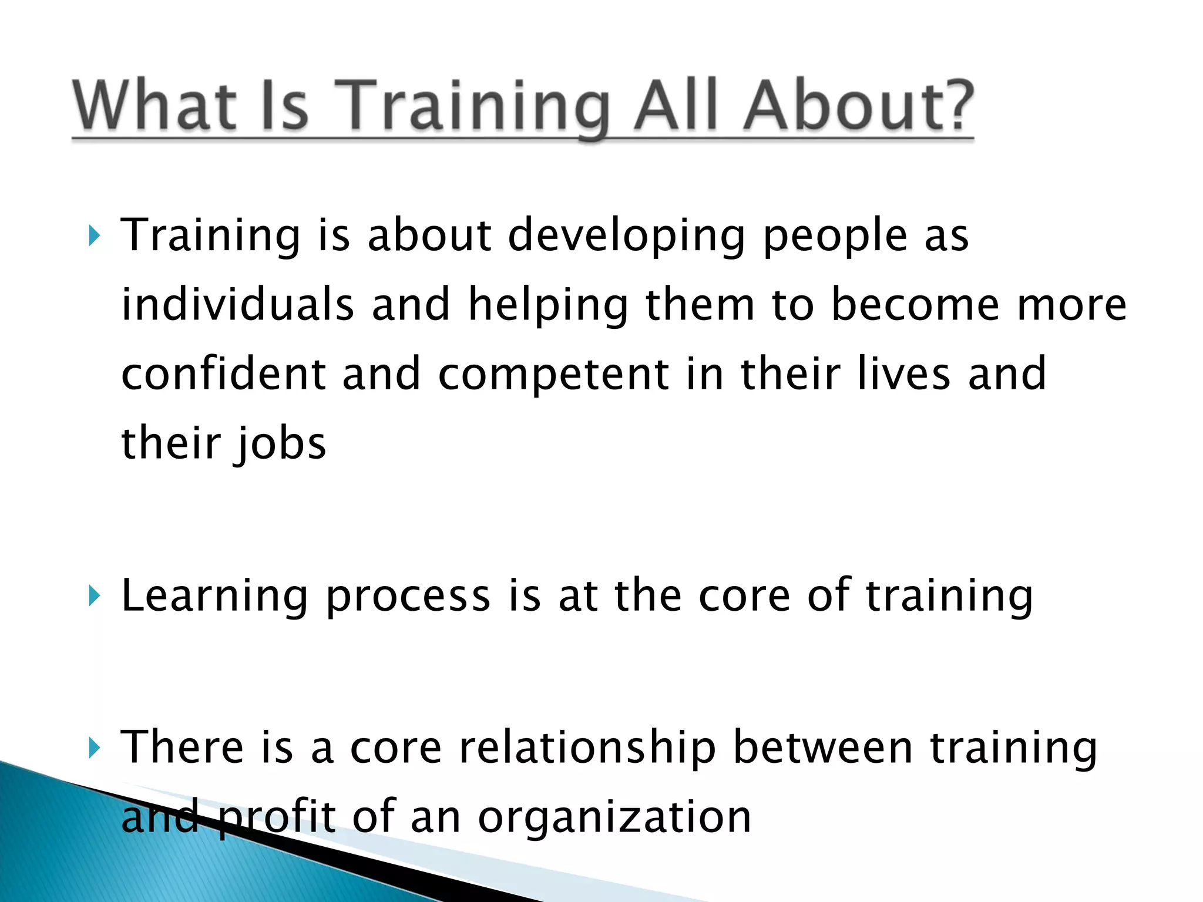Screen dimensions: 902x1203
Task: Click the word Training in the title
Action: point(473,106)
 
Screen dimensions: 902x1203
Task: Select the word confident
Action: point(223,373)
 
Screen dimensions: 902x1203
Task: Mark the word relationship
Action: point(587,748)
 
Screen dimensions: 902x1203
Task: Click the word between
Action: point(823,748)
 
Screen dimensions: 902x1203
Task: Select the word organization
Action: point(614,817)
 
